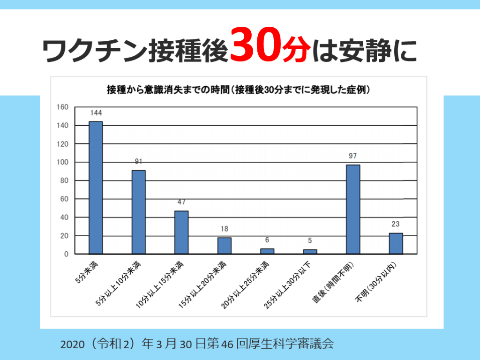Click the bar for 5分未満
[96, 187]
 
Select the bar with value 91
[139, 212]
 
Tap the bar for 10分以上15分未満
[181, 232]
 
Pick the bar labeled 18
[224, 246]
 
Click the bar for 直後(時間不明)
[353, 209]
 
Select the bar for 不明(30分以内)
[396, 243]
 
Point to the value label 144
[96, 113]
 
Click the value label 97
[353, 156]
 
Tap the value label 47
[181, 202]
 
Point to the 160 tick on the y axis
[63, 107]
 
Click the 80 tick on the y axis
[65, 180]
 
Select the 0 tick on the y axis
[67, 254]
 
